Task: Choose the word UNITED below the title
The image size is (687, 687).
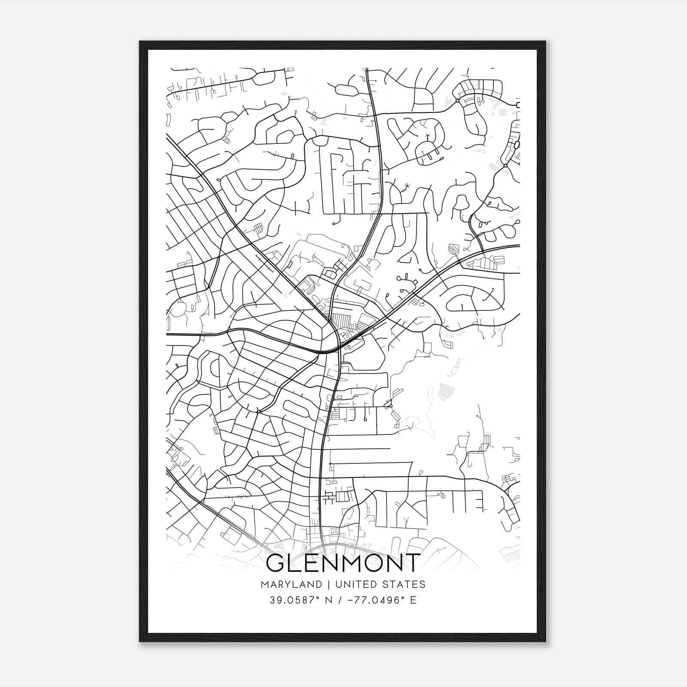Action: click(x=351, y=584)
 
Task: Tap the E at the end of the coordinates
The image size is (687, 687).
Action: click(x=413, y=600)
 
